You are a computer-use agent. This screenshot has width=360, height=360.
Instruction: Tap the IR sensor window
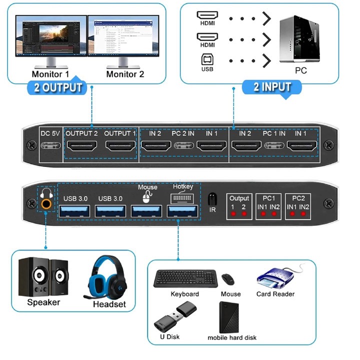212,197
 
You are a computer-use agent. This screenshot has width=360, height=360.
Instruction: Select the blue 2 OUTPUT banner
58,88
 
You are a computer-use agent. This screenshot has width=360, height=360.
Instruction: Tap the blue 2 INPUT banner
272,87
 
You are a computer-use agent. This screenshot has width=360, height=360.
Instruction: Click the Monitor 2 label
125,74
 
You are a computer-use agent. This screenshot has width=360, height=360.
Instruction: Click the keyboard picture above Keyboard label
185,277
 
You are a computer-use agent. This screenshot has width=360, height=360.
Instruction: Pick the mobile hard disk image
231,316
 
